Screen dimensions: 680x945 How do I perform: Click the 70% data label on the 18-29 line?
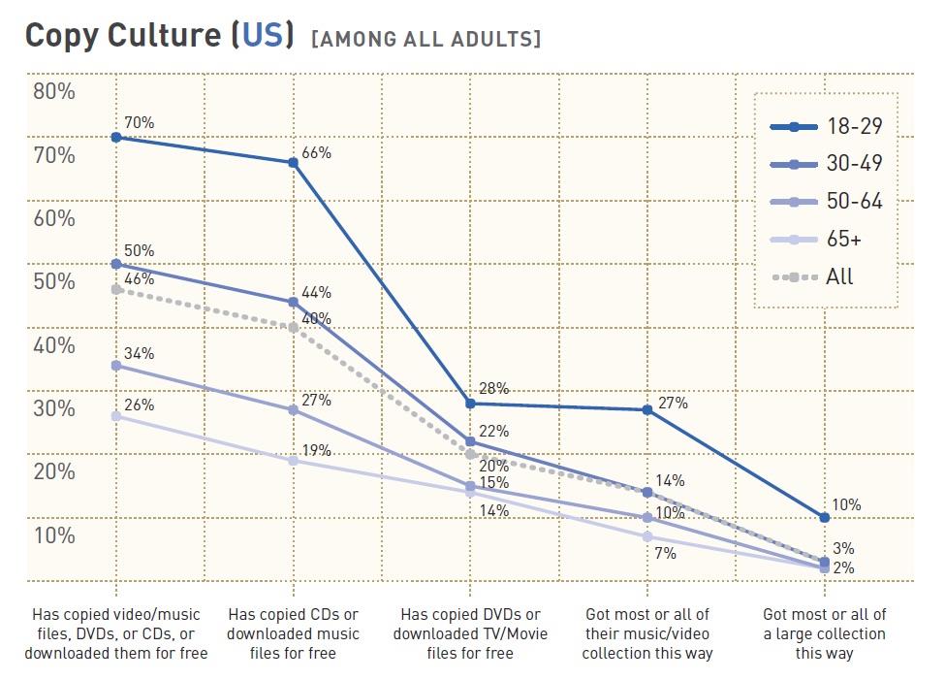[139, 122]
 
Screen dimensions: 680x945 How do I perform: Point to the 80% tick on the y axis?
[53, 92]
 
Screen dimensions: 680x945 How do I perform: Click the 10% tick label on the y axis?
[53, 535]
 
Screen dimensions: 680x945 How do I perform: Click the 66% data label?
[316, 152]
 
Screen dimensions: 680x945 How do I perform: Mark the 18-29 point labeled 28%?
[470, 404]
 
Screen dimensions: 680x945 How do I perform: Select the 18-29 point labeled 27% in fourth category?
[646, 409]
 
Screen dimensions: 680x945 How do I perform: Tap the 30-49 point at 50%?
[116, 264]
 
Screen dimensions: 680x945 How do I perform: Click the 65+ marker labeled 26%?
[116, 415]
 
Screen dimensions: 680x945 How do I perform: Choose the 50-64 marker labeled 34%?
[116, 365]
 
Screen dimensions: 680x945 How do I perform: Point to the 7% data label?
[665, 554]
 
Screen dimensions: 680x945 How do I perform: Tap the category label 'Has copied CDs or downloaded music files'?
[294, 633]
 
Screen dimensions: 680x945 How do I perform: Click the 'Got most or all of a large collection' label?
[824, 633]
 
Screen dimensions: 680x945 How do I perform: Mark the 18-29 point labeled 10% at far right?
[824, 517]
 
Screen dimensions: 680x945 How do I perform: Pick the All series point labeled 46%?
[116, 289]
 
